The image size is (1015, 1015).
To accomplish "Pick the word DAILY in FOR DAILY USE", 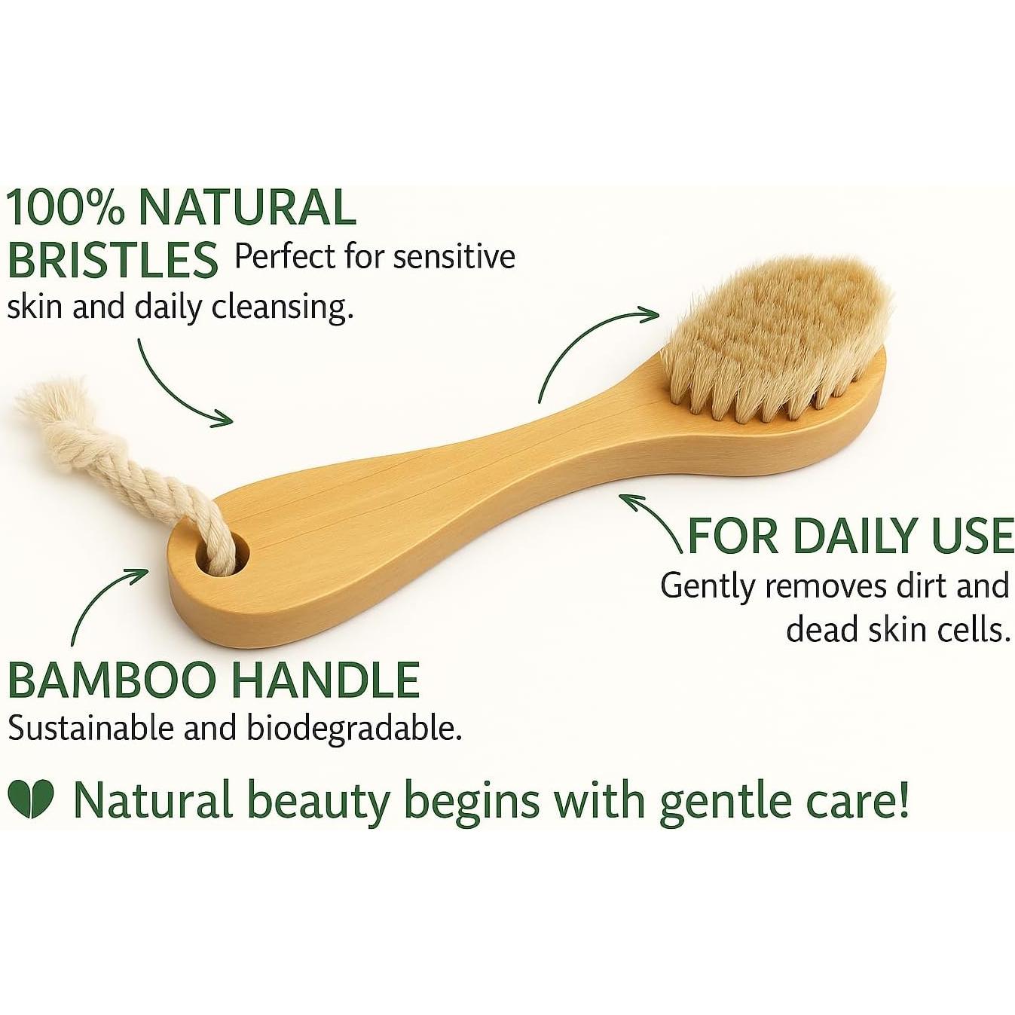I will coord(854,536).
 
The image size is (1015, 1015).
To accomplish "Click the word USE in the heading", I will coord(972,536).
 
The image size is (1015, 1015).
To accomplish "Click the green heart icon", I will coord(30,799).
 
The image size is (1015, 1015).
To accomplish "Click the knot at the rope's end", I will coord(45,407).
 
